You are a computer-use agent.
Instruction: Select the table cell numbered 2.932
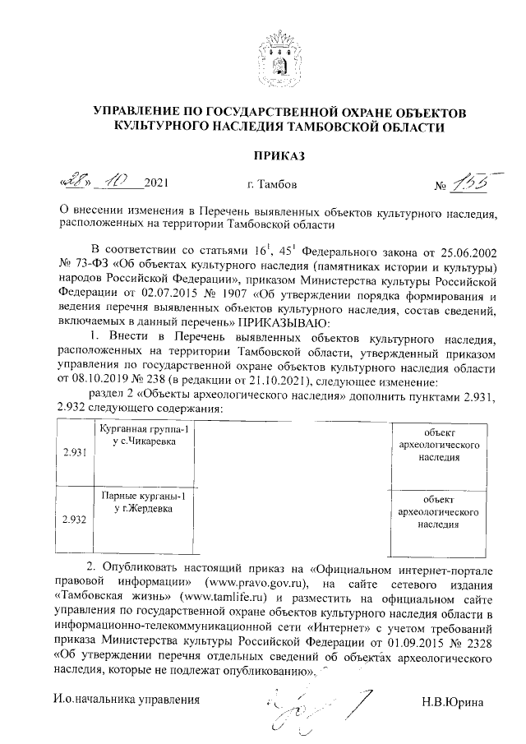(x=74, y=520)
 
